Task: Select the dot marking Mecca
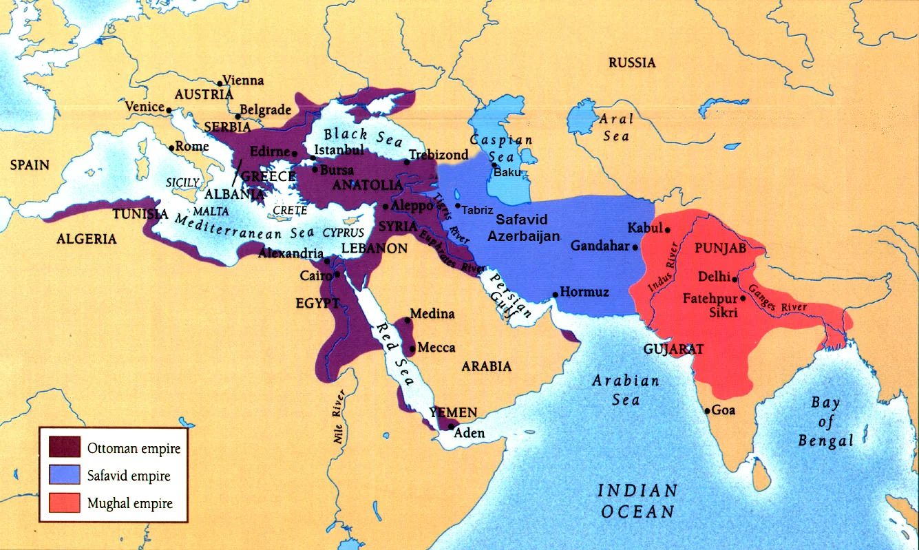[412, 348]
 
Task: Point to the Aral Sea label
[615, 127]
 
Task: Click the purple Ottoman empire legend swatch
[65, 448]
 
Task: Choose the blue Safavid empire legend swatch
[65, 476]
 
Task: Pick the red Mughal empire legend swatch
[65, 503]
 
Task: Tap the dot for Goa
[707, 411]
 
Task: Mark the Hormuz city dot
[555, 295]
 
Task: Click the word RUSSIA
[632, 63]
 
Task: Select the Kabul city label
[645, 228]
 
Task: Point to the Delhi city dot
[735, 279]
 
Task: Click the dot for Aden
[450, 427]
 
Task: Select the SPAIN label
[30, 165]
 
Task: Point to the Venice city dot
[169, 107]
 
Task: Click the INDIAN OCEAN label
[637, 501]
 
